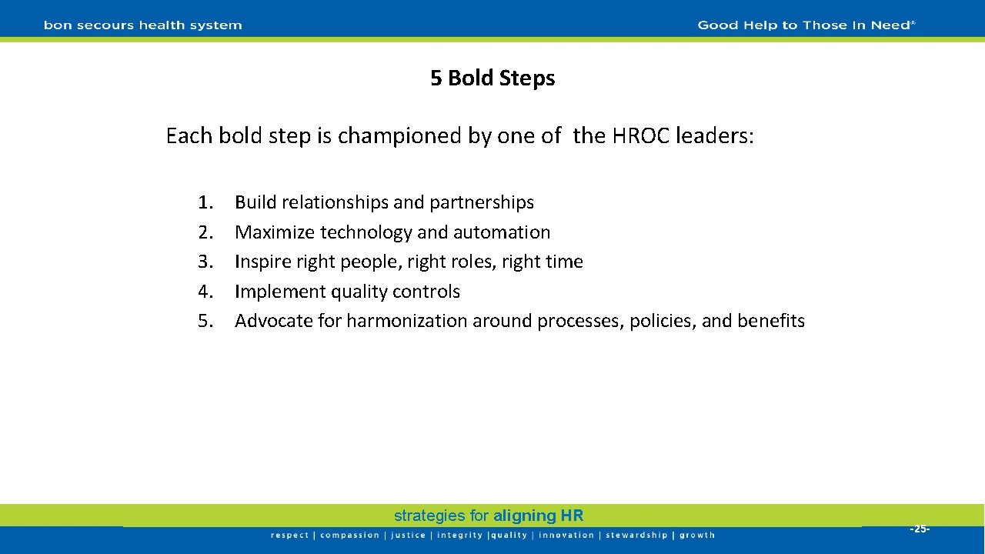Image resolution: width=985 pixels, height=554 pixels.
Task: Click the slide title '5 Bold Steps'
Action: tap(492, 78)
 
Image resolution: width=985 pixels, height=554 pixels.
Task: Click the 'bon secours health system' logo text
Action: tap(142, 25)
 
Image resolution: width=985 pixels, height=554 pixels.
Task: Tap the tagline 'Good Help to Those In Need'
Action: tap(806, 25)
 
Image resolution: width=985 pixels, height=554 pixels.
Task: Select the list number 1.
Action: tap(205, 202)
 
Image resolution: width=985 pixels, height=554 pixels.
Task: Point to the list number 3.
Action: tap(205, 262)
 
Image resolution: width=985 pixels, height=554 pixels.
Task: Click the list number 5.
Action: tap(205, 321)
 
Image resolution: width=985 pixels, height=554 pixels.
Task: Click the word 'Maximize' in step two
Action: tap(275, 232)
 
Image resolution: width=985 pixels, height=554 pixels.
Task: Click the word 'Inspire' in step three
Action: tap(262, 262)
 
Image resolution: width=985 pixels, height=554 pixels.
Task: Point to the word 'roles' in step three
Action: tap(473, 262)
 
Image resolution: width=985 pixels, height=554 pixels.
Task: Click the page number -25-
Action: tap(920, 529)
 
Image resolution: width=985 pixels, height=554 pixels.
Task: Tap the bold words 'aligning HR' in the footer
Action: tap(539, 516)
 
